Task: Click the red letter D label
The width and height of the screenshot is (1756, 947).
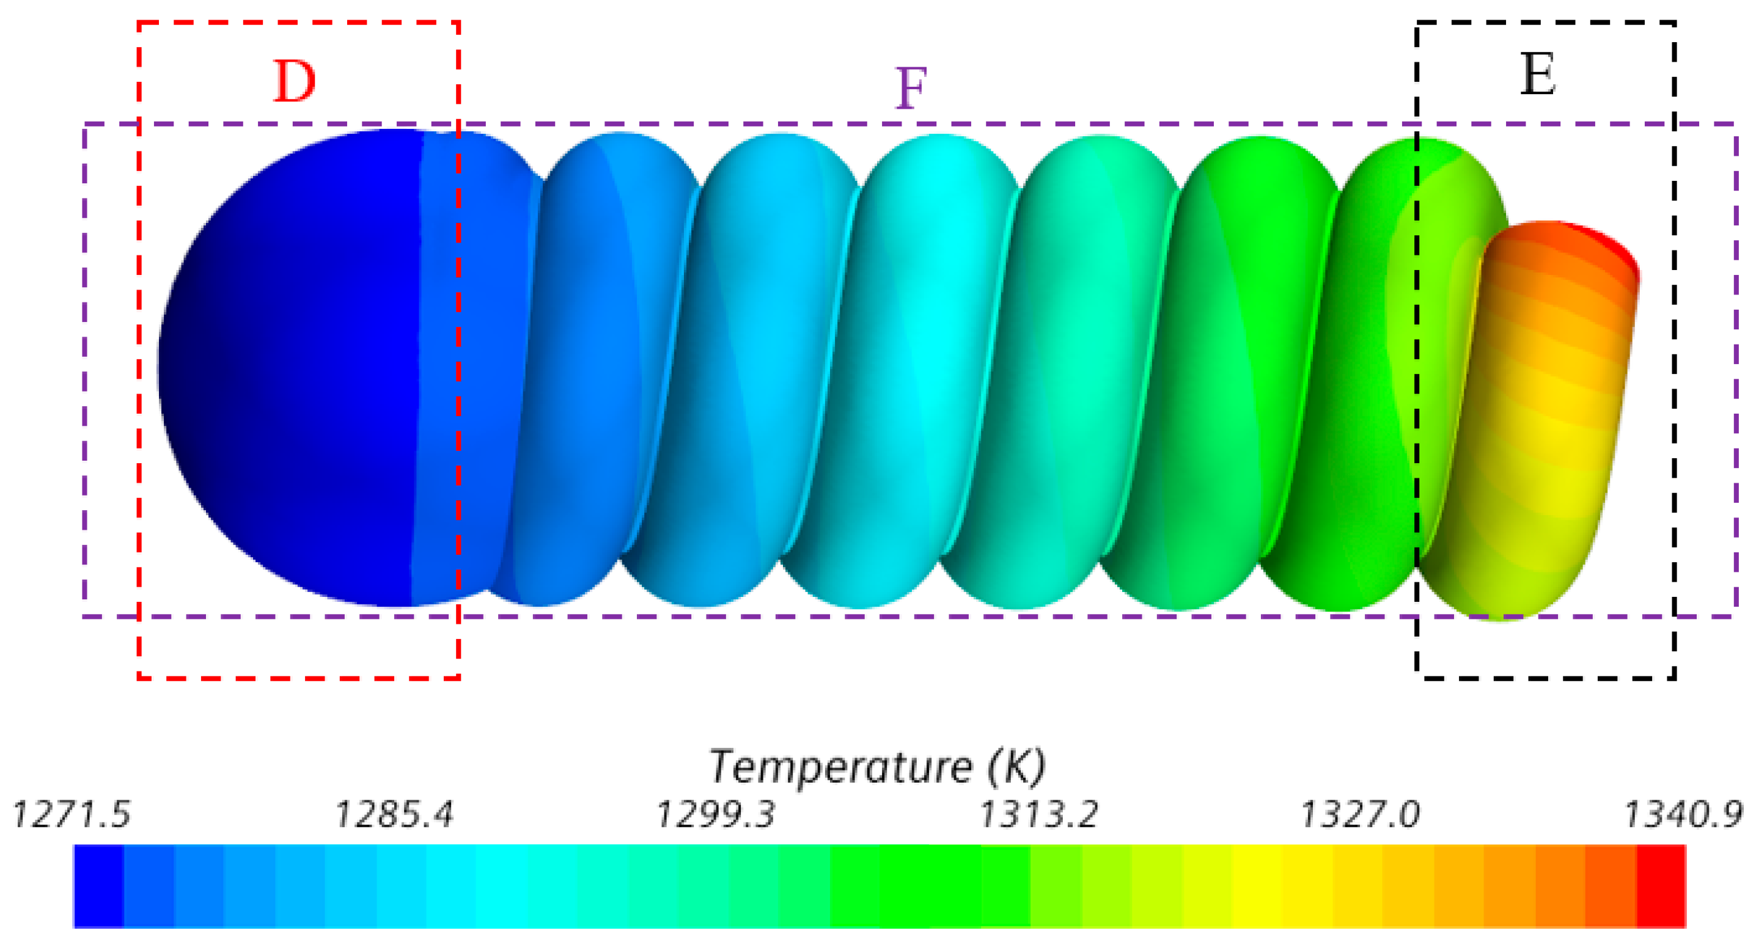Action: pos(295,82)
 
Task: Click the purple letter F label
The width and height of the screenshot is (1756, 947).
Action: pos(911,89)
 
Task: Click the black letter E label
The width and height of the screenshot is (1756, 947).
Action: pos(1538,75)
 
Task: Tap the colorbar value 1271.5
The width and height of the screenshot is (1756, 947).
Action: pos(72,814)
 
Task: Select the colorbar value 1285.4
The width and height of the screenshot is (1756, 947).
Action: pos(394,814)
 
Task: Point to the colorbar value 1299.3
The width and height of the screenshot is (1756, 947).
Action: pos(716,814)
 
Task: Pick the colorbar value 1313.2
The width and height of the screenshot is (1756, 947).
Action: pos(1038,814)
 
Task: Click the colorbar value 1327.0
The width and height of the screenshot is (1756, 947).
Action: pos(1360,814)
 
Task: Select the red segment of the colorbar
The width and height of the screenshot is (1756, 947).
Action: pos(1661,886)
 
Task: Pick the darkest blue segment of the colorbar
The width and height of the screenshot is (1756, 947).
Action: pos(98,886)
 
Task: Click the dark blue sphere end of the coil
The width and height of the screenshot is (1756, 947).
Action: pos(286,368)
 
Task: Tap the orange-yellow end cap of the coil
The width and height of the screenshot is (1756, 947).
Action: pos(1548,409)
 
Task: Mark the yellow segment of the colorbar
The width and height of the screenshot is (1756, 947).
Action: pos(1258,886)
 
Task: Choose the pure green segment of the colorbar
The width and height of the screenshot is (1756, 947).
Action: pos(906,886)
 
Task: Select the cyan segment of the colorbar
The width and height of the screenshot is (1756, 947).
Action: pos(501,886)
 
